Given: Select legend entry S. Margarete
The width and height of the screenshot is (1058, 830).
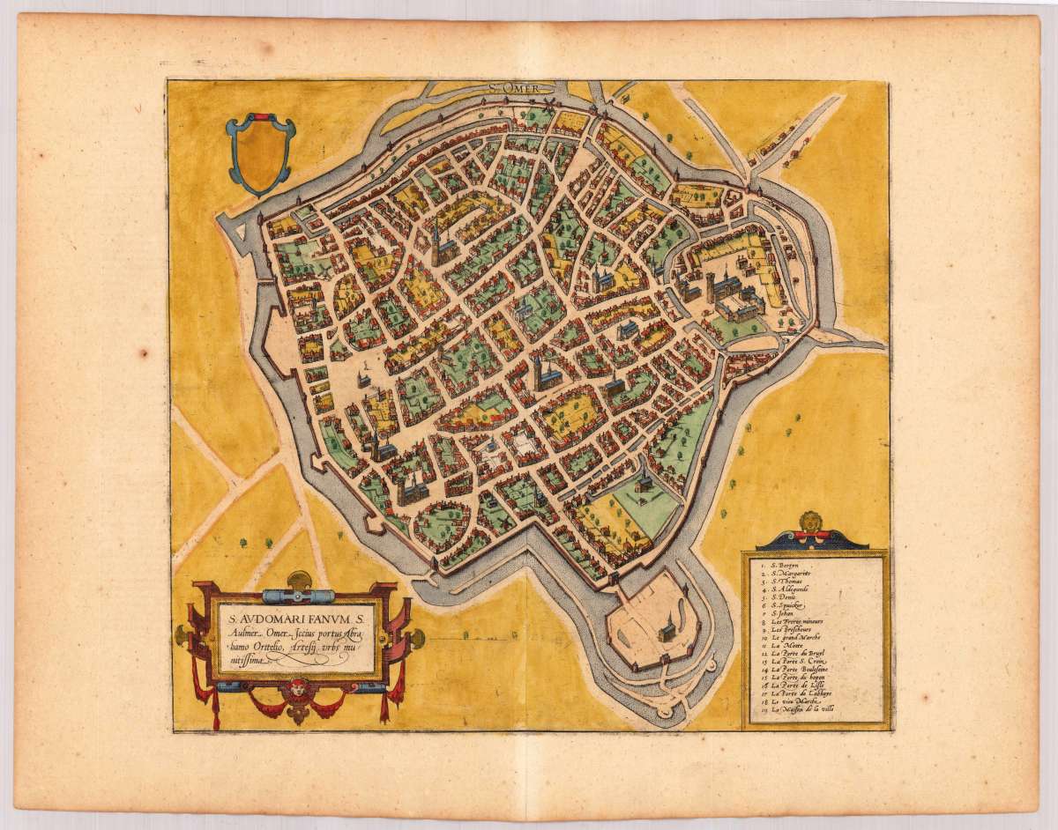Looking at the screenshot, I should tap(792, 574).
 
